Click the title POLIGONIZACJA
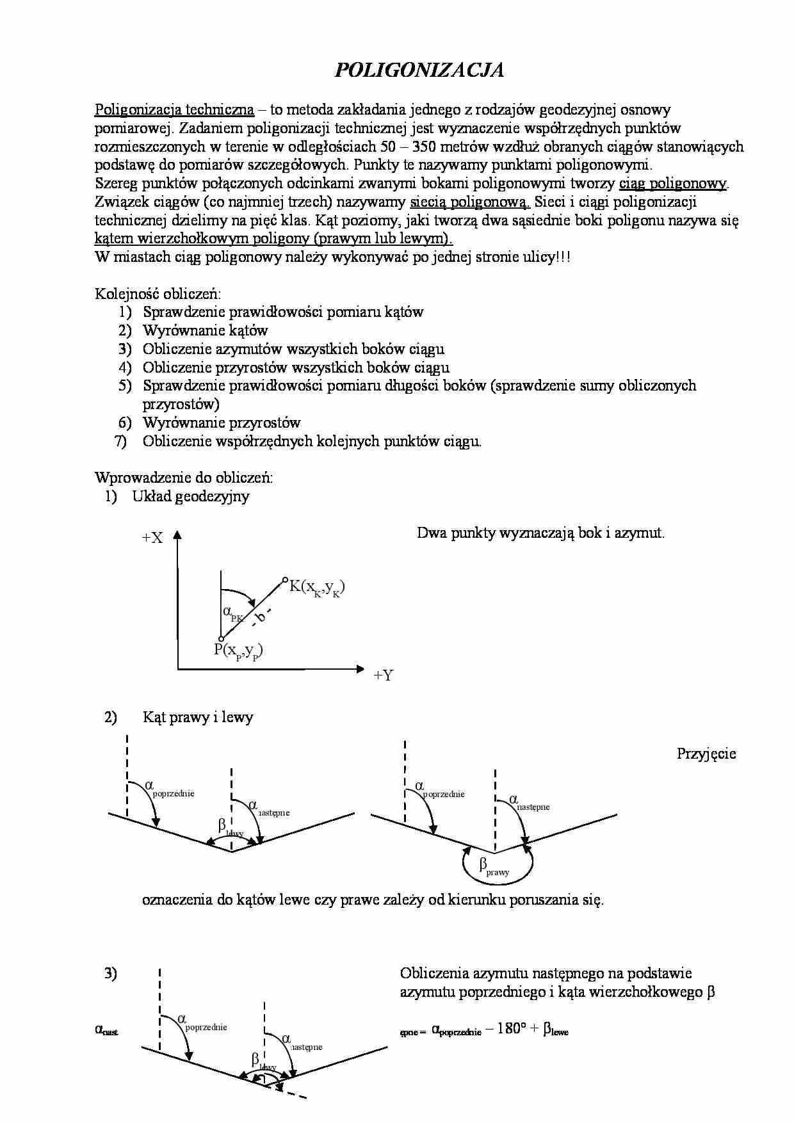(419, 70)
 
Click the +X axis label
(152, 538)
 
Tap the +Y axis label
(383, 675)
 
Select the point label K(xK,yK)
(317, 587)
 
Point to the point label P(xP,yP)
(238, 650)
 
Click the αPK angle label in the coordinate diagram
(232, 613)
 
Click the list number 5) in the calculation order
(124, 385)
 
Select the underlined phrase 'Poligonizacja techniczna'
(174, 109)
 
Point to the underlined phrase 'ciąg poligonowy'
(673, 184)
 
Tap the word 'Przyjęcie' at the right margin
(706, 754)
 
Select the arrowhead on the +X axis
(177, 535)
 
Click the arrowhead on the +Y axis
(360, 669)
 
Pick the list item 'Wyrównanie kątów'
(205, 330)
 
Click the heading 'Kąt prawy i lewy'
(198, 717)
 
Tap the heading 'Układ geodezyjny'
(191, 496)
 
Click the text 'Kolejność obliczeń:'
(158, 294)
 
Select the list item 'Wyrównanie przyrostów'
(222, 423)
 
